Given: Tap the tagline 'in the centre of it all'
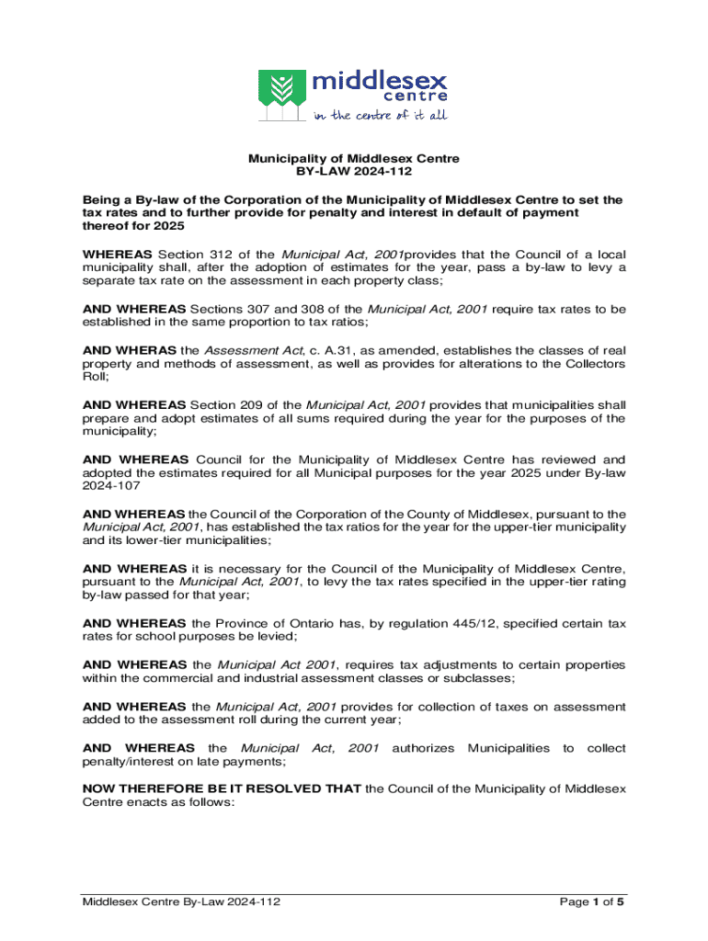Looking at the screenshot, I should point(380,115).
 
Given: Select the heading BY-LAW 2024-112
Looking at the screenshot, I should point(354,172).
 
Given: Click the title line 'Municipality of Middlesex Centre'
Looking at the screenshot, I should point(354,159).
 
